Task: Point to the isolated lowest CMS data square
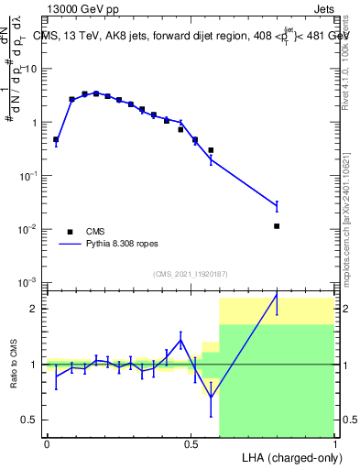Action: (x=277, y=225)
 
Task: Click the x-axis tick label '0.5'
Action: (x=191, y=444)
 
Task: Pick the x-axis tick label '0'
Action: (x=47, y=444)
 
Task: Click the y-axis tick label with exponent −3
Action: (x=29, y=281)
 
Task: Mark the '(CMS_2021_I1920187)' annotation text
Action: (x=191, y=273)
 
